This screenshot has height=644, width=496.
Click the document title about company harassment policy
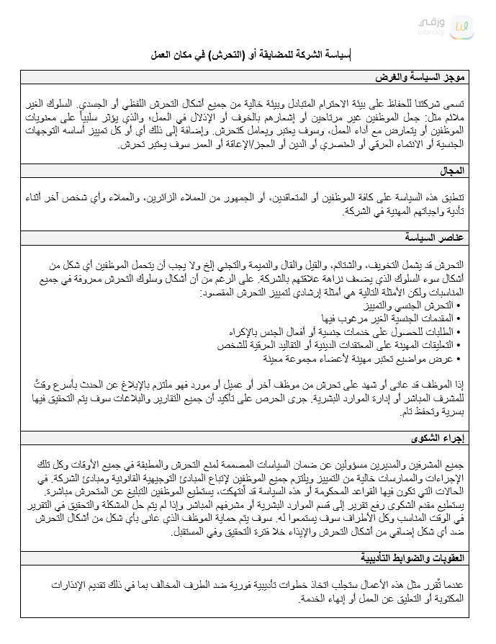pyautogui.click(x=248, y=55)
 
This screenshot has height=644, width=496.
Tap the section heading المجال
pyautogui.click(x=454, y=171)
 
